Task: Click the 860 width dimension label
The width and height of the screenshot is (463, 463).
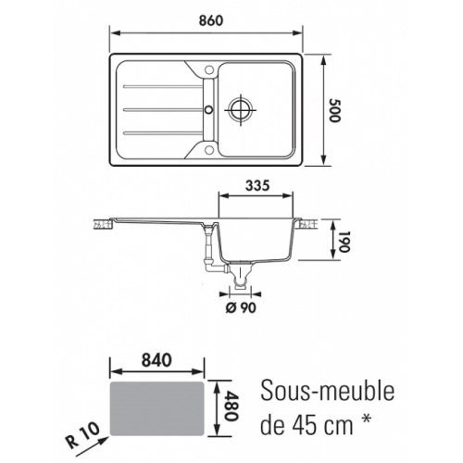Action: (x=211, y=20)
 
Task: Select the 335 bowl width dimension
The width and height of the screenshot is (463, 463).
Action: (x=257, y=185)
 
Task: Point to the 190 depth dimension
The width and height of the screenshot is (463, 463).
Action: (x=343, y=242)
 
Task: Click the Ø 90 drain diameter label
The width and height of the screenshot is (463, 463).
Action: (x=241, y=307)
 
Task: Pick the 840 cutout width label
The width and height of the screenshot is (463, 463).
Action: (x=156, y=360)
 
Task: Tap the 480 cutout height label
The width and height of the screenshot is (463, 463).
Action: (x=231, y=406)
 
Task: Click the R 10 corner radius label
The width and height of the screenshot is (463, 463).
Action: (x=82, y=435)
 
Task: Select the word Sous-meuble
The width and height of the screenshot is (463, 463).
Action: (x=328, y=392)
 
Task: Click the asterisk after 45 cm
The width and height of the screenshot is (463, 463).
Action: (x=366, y=419)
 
